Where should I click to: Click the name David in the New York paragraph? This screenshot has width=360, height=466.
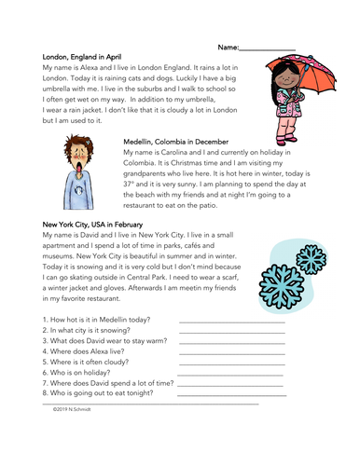(101, 237)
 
